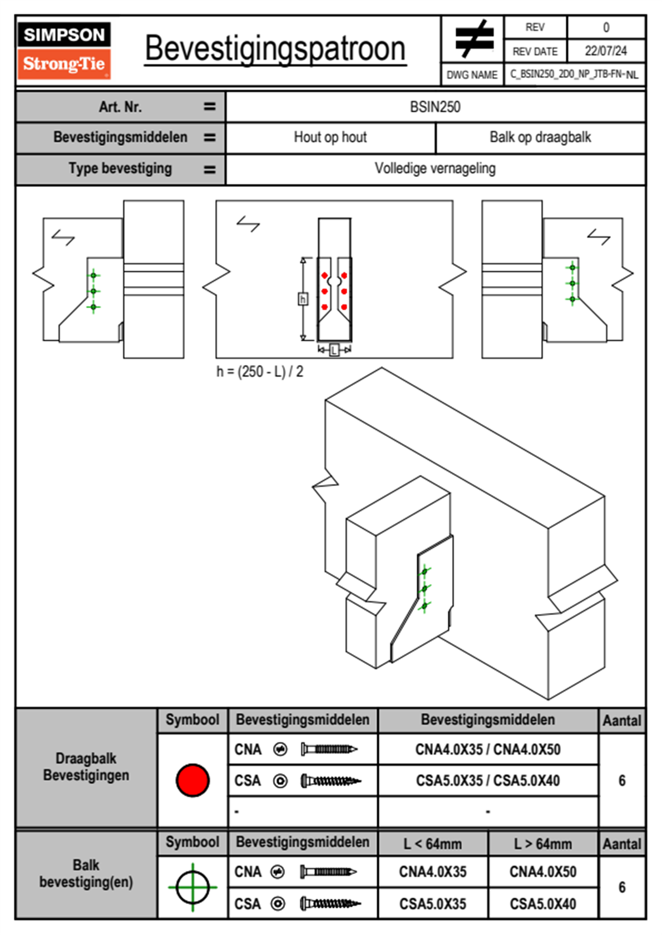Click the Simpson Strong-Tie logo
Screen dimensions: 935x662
(64, 50)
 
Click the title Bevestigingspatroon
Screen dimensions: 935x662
(275, 49)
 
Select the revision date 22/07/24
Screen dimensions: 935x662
(605, 51)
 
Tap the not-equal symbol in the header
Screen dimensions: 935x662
(473, 39)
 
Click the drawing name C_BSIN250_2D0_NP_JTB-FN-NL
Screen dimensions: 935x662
(574, 74)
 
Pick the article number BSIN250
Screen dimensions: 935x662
(435, 107)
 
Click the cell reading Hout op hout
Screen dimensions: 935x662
(330, 137)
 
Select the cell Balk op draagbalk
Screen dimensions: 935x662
(540, 137)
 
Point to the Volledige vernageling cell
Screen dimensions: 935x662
(435, 168)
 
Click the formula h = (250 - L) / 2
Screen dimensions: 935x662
(260, 372)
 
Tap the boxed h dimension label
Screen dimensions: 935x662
(303, 300)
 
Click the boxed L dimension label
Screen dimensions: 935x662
(334, 350)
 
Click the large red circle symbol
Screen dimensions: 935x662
(192, 780)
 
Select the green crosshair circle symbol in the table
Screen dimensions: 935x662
(192, 887)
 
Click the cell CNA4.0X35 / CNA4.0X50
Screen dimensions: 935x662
(488, 749)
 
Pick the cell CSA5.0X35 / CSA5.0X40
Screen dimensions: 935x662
(488, 780)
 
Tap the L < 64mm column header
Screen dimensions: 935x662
(433, 844)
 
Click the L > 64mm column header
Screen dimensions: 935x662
(543, 844)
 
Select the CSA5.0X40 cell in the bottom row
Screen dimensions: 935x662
(543, 904)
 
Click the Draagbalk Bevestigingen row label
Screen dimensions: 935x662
(86, 767)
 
